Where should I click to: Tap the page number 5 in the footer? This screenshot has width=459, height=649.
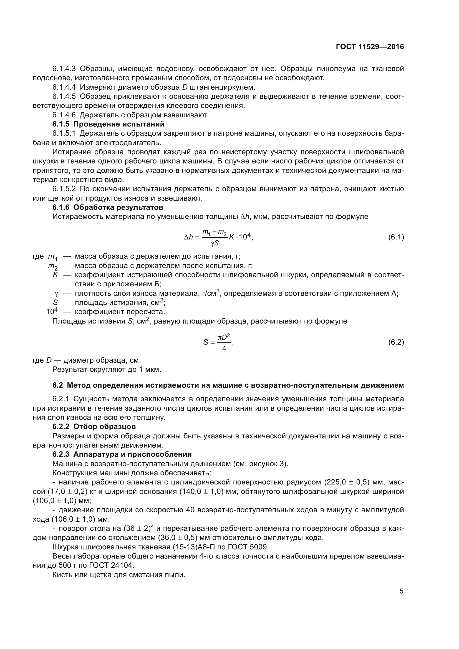(401, 591)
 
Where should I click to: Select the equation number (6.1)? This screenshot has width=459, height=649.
(396, 237)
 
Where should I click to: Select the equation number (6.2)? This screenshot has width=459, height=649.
(396, 342)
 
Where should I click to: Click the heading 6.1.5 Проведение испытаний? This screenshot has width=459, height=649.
(108, 124)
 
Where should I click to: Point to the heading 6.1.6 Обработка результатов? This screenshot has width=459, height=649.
(108, 207)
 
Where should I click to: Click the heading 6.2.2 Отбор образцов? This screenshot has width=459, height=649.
(94, 426)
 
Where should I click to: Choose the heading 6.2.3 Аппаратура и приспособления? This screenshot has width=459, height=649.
(122, 454)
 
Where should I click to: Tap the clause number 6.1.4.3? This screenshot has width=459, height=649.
(64, 69)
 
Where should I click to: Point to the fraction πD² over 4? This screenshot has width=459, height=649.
(224, 342)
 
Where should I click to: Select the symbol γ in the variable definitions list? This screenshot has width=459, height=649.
(56, 294)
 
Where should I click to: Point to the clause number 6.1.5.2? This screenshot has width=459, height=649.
(64, 189)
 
